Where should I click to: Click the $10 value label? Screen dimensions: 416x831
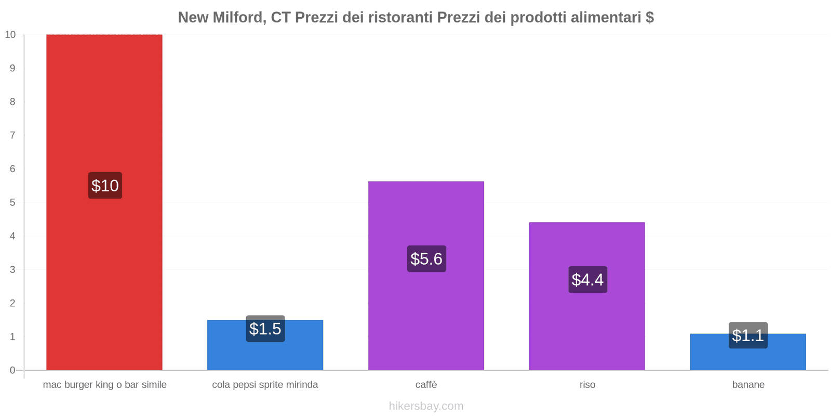(x=105, y=186)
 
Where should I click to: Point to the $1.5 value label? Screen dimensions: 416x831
(x=265, y=329)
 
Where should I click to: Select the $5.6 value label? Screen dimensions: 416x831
(x=426, y=258)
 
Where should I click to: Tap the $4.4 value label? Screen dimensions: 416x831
(x=587, y=279)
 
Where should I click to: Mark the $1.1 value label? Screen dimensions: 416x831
(x=748, y=335)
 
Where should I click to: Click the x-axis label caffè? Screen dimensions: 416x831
(x=426, y=385)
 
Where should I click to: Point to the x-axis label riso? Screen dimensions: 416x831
(x=587, y=385)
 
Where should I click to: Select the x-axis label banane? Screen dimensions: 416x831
(x=748, y=385)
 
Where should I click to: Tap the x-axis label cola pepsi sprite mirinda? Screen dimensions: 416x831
(x=265, y=385)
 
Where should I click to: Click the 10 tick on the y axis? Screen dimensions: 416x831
(x=10, y=35)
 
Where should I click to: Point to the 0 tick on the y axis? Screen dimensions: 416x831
(x=12, y=370)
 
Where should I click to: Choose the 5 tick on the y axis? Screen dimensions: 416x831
(x=12, y=202)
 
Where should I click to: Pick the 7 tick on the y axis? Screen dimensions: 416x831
(x=12, y=135)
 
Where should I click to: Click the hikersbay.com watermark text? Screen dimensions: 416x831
(x=426, y=406)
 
